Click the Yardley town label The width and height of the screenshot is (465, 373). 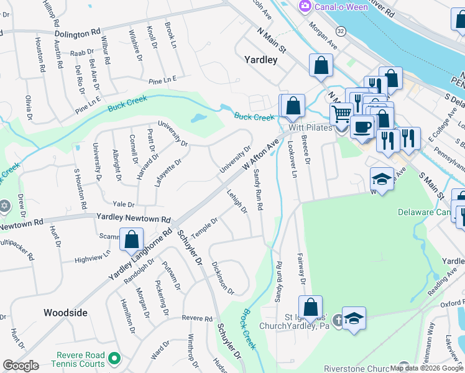click(x=260, y=60)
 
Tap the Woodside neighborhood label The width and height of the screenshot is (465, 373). click(x=65, y=313)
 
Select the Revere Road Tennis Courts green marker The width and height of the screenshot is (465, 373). click(x=114, y=359)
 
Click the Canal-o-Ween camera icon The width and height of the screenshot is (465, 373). click(x=305, y=6)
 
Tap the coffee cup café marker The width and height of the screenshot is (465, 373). click(x=361, y=127)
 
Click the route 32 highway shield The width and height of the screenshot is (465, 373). click(x=340, y=30)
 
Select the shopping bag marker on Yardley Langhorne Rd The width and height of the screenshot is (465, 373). click(x=132, y=239)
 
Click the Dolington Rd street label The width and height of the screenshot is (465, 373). click(x=78, y=32)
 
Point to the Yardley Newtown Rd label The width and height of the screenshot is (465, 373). click(x=133, y=219)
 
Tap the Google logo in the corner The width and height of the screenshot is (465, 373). click(x=21, y=366)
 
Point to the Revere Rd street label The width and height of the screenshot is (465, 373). click(x=197, y=318)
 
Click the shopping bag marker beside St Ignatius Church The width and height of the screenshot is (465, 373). click(x=310, y=308)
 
